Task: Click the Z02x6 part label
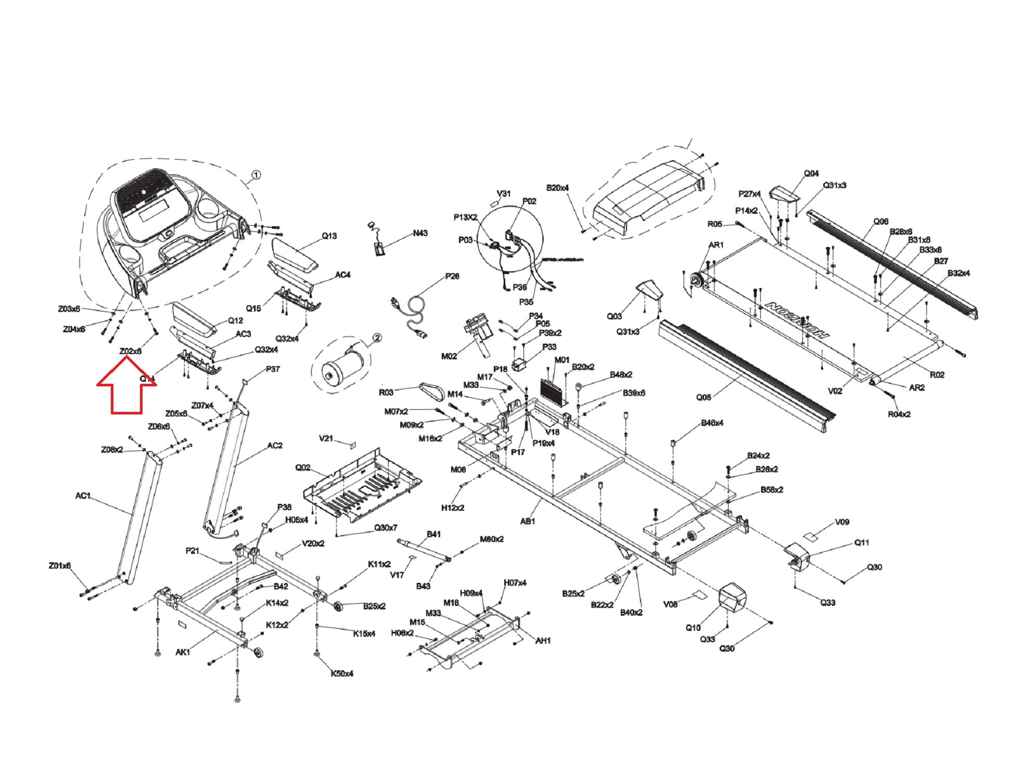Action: [130, 352]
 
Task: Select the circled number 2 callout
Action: [377, 338]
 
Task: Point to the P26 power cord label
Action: [452, 276]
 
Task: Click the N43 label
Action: [420, 233]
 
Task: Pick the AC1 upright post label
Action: [83, 496]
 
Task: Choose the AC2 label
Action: [275, 446]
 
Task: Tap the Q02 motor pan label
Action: [303, 467]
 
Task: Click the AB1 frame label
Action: [528, 521]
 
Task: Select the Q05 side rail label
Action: [704, 397]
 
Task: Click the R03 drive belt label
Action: [386, 393]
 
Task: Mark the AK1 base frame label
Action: [183, 652]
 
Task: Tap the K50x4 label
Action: [342, 673]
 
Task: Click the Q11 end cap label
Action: [862, 543]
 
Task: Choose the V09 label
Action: [842, 522]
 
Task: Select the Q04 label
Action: [811, 174]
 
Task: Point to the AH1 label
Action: [543, 641]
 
